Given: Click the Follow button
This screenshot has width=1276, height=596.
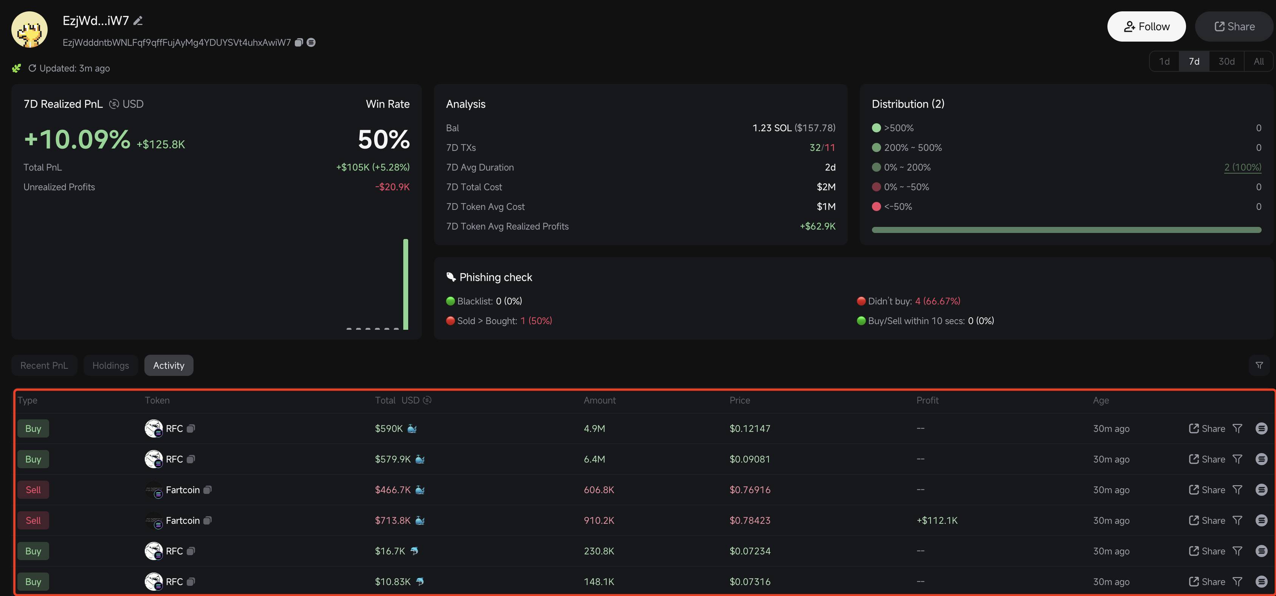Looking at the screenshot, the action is (x=1146, y=26).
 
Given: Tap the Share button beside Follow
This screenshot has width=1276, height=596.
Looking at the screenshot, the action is (x=1234, y=26).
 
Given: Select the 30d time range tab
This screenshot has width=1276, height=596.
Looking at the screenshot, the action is (x=1226, y=61).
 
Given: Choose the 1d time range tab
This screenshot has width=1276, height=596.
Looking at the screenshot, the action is (x=1164, y=61).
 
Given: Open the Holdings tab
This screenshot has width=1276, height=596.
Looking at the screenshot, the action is (x=110, y=365).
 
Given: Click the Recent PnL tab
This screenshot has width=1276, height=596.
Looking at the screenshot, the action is (x=44, y=365).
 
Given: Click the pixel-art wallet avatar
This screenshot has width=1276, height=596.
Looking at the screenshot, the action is (x=30, y=30).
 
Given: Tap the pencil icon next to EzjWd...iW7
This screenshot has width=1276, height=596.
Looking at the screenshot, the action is (x=138, y=20).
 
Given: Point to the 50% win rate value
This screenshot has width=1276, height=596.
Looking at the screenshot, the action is (x=384, y=139).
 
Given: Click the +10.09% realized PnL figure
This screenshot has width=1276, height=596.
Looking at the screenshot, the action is (x=77, y=139).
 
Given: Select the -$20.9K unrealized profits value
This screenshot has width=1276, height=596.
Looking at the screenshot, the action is (x=392, y=187).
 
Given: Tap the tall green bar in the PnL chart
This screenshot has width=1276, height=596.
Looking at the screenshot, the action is (x=406, y=284).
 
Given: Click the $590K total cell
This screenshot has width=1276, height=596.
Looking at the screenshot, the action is (x=389, y=428).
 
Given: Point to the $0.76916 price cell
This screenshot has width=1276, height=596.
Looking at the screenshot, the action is (x=750, y=489).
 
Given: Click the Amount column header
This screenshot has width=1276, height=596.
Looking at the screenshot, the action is (x=599, y=400).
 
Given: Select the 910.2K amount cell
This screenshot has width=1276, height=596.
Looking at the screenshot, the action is (x=599, y=520).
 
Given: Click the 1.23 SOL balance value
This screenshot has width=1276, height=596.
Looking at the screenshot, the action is (x=772, y=128).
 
